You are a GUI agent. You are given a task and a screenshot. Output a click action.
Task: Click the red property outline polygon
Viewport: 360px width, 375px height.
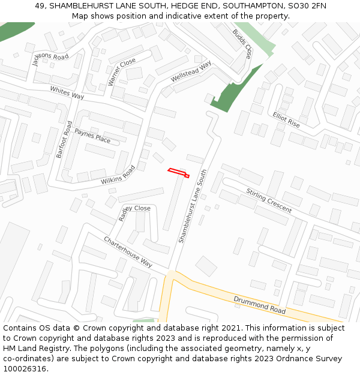178,173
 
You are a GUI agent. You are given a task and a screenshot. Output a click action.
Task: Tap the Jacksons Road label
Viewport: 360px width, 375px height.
50,58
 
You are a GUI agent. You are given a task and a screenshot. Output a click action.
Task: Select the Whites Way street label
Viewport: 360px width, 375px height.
67,92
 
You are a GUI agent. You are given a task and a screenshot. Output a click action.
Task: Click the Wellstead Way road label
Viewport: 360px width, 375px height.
191,72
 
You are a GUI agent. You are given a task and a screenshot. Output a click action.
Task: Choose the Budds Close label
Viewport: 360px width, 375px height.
242,44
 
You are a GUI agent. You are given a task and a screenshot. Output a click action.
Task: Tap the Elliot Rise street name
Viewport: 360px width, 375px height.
286,119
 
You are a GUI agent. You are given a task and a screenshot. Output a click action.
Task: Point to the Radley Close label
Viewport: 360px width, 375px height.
135,210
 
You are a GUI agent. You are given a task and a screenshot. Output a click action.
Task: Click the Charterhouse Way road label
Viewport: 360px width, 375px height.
128,251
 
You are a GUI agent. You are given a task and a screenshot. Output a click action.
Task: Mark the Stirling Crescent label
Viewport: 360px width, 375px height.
269,200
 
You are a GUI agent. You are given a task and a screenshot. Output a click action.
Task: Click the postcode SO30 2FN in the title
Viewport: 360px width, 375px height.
306,6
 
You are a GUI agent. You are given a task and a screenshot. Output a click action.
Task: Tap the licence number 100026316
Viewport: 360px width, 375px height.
25,368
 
